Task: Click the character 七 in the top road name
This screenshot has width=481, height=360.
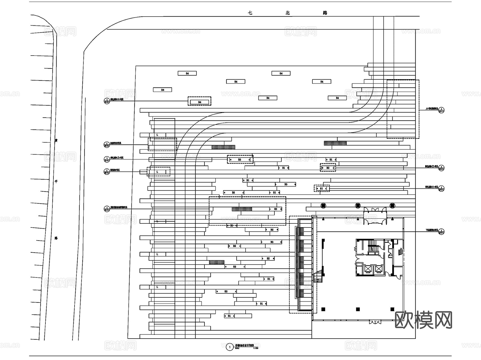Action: tap(250, 13)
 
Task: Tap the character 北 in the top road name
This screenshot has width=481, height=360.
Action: tap(288, 13)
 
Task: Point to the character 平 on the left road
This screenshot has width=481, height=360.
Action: tap(56, 182)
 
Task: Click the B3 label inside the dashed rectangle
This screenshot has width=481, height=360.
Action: tap(240, 160)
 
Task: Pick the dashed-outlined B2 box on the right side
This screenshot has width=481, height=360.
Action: tap(328, 168)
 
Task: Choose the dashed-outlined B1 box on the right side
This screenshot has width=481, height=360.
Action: tap(321, 188)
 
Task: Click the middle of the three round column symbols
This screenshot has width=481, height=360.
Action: tap(358, 206)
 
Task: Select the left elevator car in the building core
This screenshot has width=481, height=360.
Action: tap(368, 269)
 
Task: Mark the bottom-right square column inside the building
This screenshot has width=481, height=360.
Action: tap(392, 309)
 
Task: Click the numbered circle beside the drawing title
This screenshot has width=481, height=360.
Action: tap(230, 347)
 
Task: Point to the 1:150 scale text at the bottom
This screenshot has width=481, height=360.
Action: tap(255, 349)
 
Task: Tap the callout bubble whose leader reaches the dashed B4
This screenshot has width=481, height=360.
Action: tap(107, 101)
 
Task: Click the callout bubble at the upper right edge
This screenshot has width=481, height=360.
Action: tap(441, 110)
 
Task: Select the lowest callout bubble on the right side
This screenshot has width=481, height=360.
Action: tap(441, 232)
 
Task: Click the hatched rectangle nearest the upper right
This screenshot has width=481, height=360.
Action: tap(335, 143)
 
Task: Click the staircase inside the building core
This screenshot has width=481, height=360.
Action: tap(372, 246)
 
